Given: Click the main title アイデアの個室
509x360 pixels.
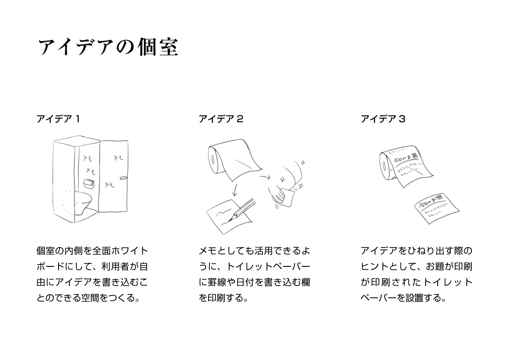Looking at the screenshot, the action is (x=109, y=47).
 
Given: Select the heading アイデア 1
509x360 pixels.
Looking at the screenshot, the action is (x=58, y=119).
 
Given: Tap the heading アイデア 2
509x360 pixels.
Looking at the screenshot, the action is (x=221, y=119).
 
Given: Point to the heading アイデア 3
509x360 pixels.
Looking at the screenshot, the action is (x=383, y=119).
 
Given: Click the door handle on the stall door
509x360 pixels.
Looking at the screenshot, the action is (x=124, y=177).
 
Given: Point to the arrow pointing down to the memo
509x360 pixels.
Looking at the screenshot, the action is (x=235, y=190).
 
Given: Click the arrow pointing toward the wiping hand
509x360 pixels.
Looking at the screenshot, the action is (x=265, y=177).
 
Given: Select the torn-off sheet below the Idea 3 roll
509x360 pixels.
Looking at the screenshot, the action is (x=437, y=210).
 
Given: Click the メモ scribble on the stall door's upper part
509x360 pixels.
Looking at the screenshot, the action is (x=118, y=158).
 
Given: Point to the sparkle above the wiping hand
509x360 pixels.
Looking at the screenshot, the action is (x=303, y=162).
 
